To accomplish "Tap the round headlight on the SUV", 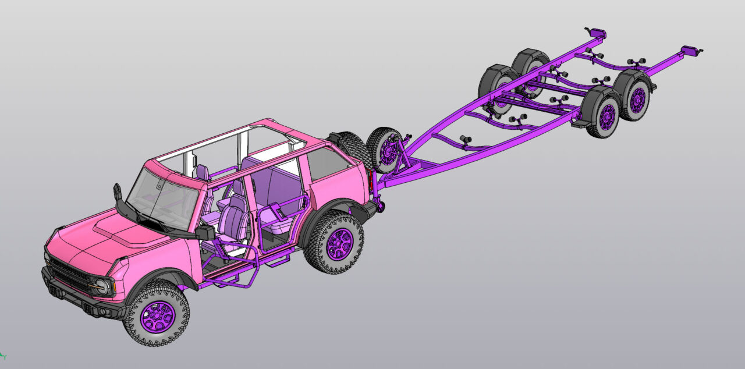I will pos(102,286).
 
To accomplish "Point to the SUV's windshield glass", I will pos(157,196).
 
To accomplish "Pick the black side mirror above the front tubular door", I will pos(204,233).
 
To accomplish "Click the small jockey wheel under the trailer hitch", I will pos(381,205).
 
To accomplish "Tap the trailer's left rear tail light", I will pos(597,33).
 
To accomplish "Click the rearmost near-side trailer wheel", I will pos(636,100).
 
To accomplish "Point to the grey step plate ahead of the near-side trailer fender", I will pos(580,123).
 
